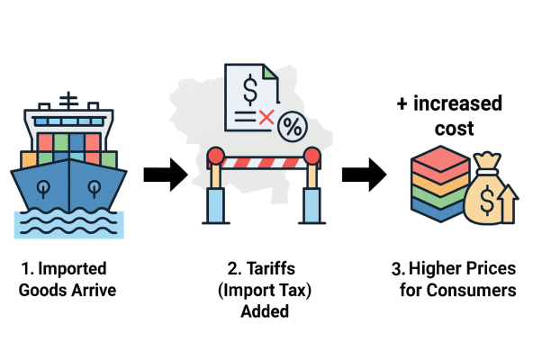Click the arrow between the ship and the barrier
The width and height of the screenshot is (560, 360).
(x=165, y=171)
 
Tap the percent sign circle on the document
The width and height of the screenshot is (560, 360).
(x=291, y=126)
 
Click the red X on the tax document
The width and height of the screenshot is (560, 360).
(x=266, y=117)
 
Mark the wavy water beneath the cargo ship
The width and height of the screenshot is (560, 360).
(x=69, y=225)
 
